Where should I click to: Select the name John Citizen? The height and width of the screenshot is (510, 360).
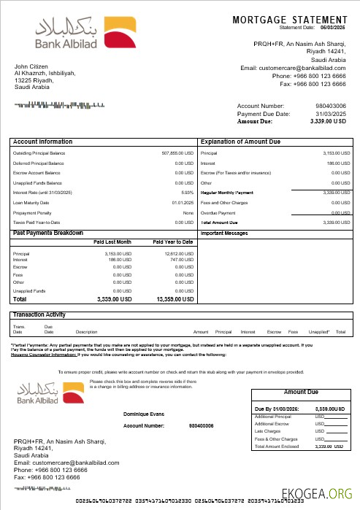click(x=30, y=67)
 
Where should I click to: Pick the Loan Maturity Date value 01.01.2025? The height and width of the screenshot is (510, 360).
click(x=183, y=202)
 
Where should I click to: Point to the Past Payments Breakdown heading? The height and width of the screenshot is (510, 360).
click(x=48, y=233)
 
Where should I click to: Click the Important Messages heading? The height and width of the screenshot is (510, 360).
click(x=225, y=233)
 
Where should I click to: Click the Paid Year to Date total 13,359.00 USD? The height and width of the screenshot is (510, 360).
click(x=175, y=299)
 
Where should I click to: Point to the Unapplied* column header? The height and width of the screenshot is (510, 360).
click(x=319, y=332)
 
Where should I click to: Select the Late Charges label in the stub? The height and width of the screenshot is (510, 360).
click(x=265, y=430)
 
